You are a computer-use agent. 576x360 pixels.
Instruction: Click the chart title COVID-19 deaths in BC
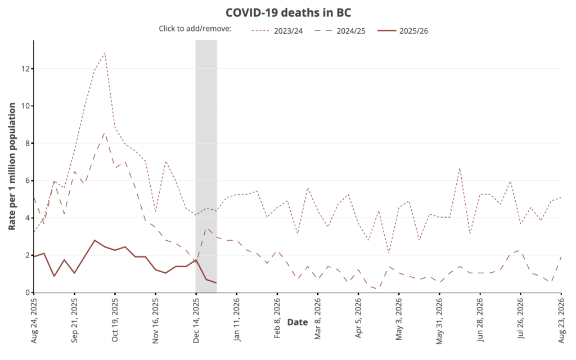click(288, 12)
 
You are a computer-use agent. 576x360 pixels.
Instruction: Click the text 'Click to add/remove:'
click(195, 29)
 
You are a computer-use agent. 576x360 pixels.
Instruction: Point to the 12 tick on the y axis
click(26, 69)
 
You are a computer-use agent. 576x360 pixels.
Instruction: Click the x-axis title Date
click(297, 322)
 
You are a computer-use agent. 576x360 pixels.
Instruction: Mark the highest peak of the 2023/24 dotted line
click(105, 53)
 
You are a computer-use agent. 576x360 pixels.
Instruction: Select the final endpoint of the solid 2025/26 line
click(216, 282)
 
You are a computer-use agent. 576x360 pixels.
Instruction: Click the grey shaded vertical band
click(206, 169)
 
